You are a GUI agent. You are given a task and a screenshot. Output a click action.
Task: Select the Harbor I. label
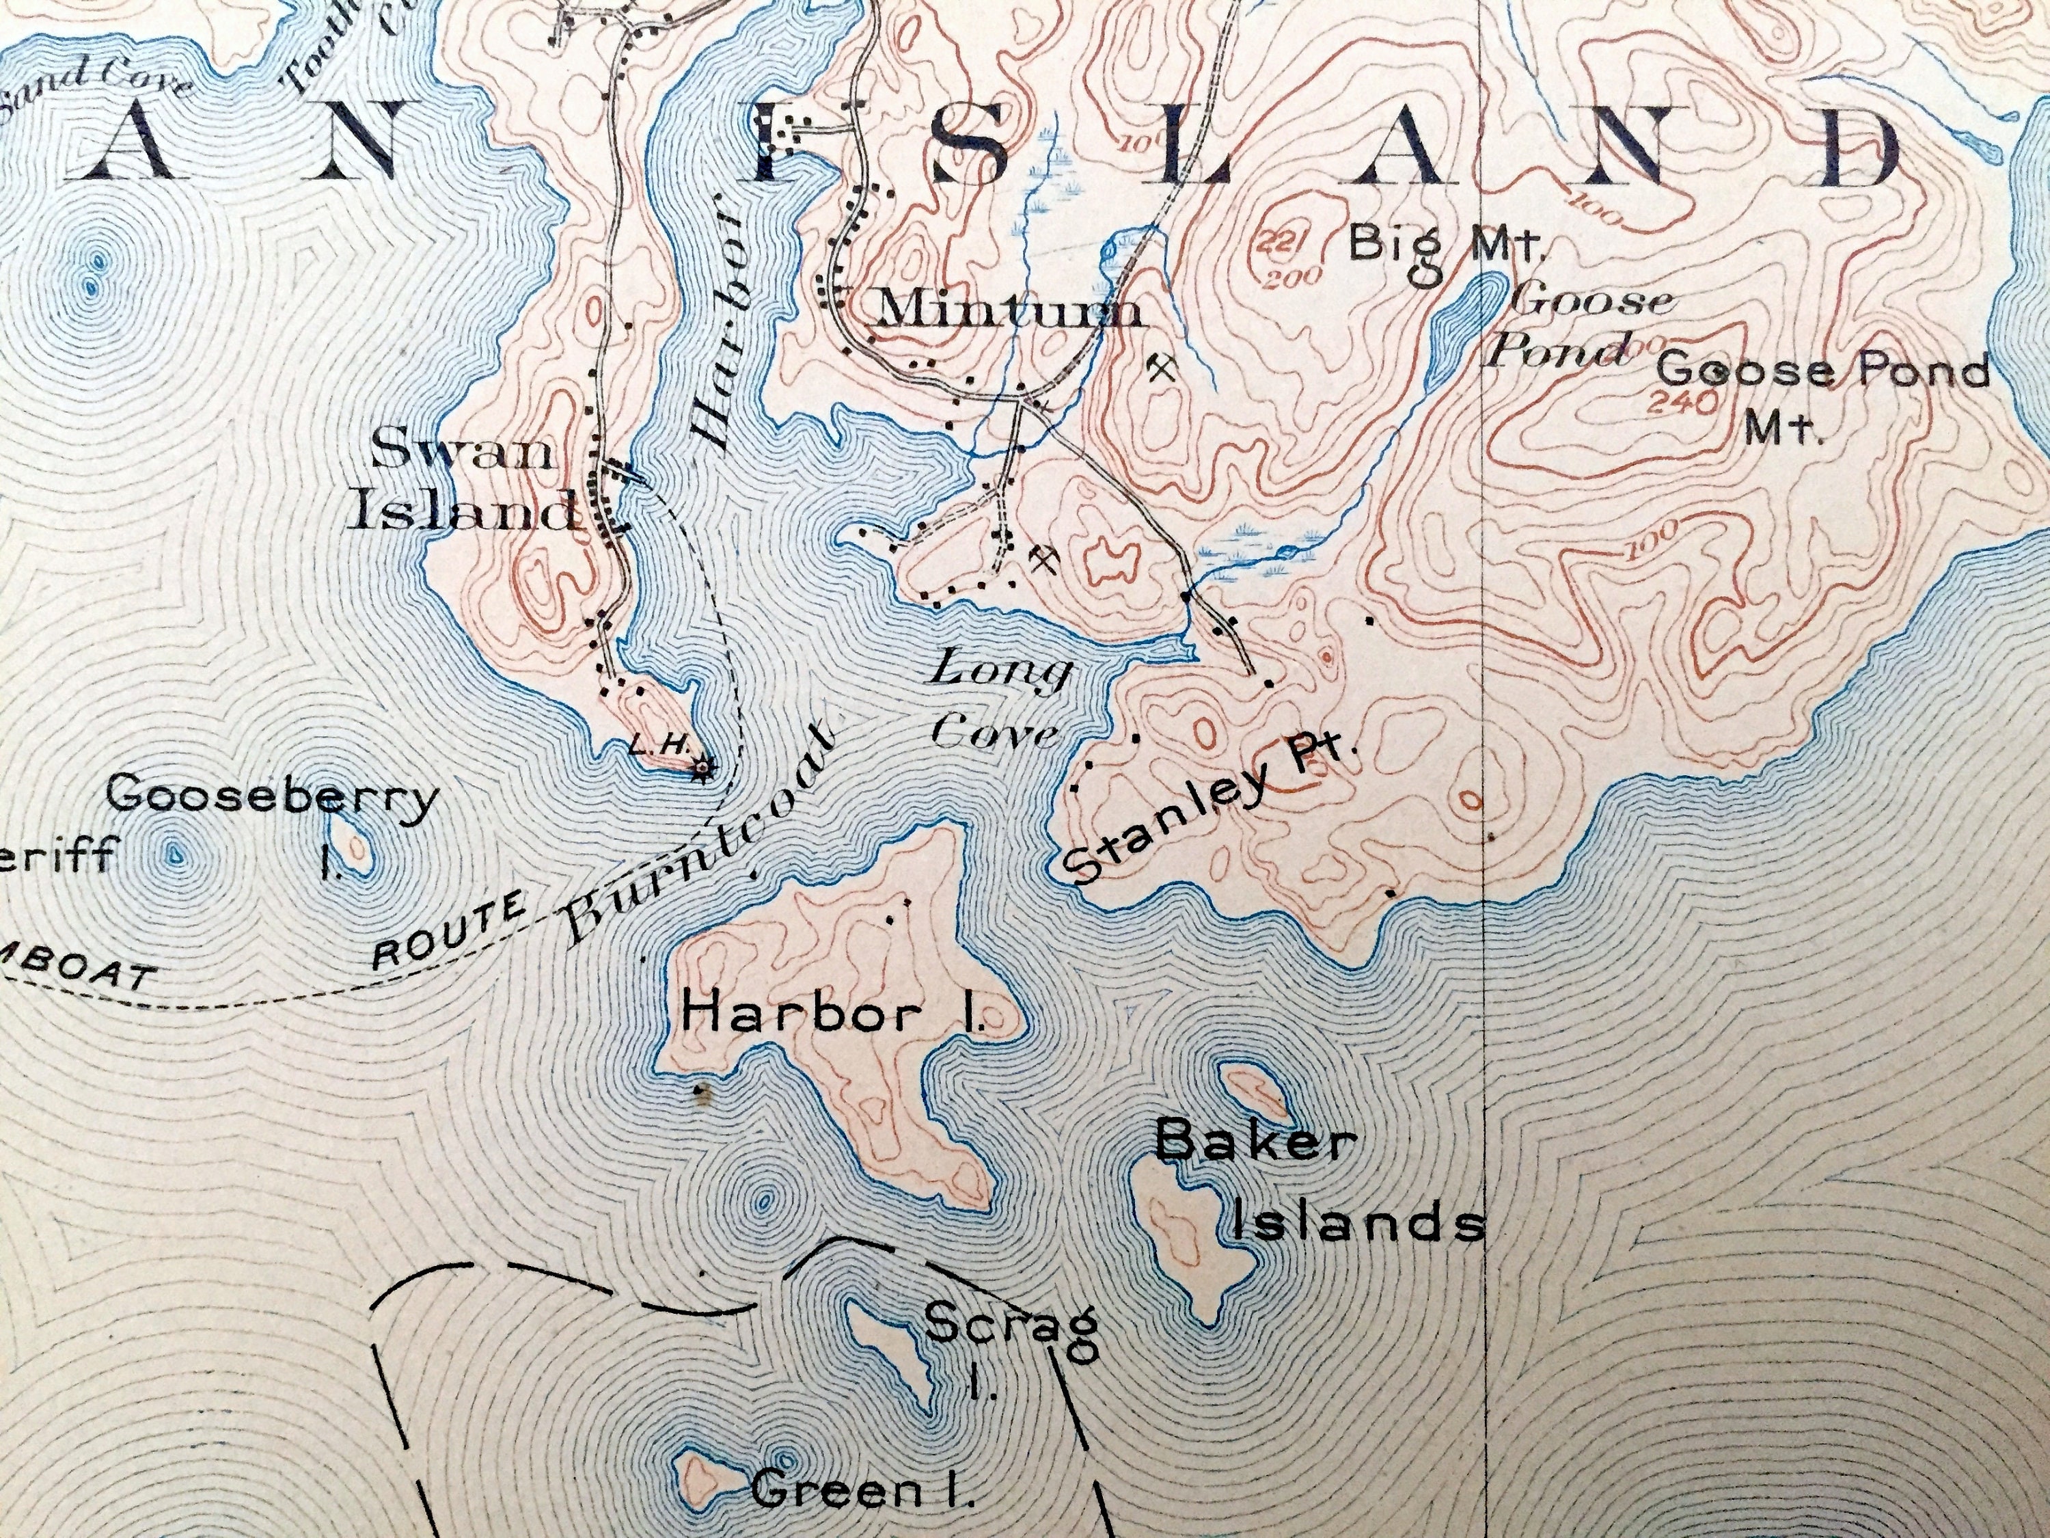[x=832, y=1016]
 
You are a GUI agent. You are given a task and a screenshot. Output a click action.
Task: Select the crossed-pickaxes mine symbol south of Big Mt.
[x=1161, y=369]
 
